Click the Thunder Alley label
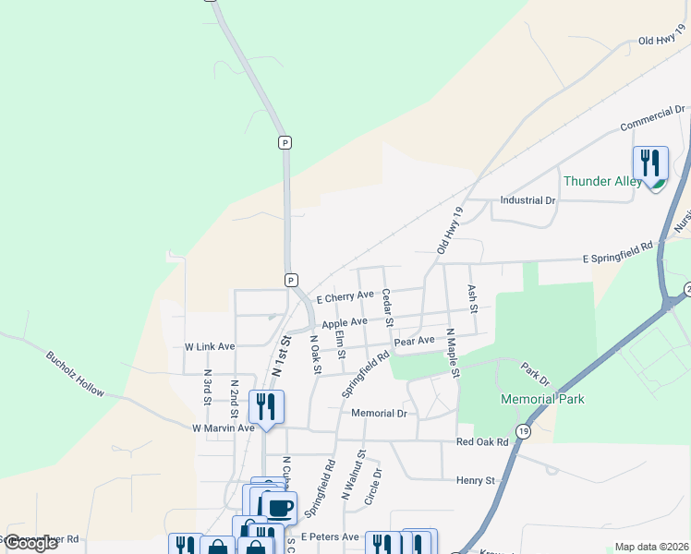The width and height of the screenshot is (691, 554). pos(602,181)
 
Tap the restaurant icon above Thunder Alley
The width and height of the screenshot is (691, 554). pos(650,163)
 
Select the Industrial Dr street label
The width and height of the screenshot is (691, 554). pos(527,199)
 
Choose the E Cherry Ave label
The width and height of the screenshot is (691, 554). pos(345,297)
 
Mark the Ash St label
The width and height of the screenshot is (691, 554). pos(472,297)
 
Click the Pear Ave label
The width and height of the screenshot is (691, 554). pos(414,341)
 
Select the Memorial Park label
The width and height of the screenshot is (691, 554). pos(542,399)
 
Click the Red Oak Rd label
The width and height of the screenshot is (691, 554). pos(482,442)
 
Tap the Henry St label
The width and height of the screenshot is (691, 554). pos(476,480)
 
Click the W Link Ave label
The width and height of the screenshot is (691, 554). pos(210,346)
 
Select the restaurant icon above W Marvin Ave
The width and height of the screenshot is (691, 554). pos(266,406)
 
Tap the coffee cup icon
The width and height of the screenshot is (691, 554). pos(279,506)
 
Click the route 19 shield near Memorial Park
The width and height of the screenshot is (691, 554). pos(524,431)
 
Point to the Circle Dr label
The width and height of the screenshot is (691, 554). pos(373,487)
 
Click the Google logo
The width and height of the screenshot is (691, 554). pos(30,543)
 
